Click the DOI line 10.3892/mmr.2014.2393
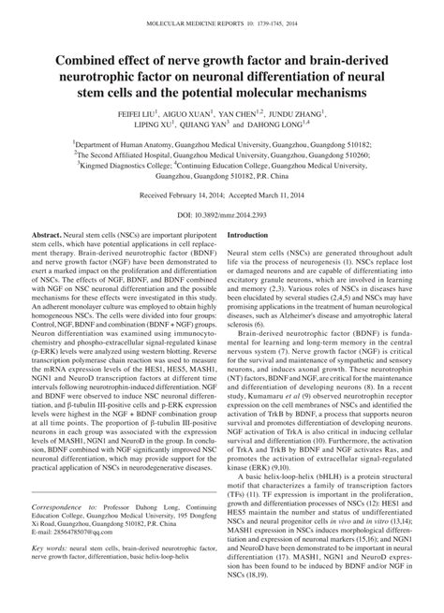(x=221, y=212)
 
